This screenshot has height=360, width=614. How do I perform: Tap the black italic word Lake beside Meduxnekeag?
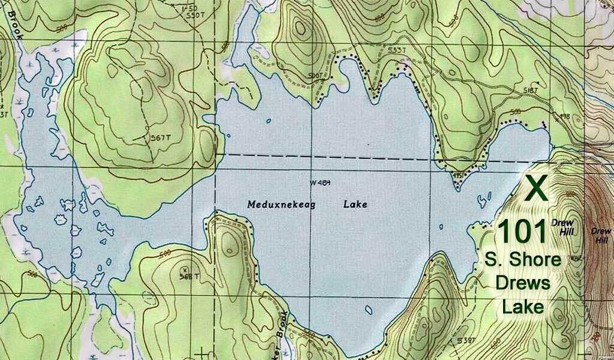click(x=355, y=204)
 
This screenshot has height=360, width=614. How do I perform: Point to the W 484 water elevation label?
click(x=320, y=182)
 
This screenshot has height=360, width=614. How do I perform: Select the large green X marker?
click(x=537, y=188)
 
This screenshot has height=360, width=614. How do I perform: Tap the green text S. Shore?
click(x=523, y=260)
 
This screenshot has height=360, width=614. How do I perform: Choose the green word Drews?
click(x=526, y=283)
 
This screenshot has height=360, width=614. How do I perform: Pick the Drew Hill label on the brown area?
click(x=600, y=235)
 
